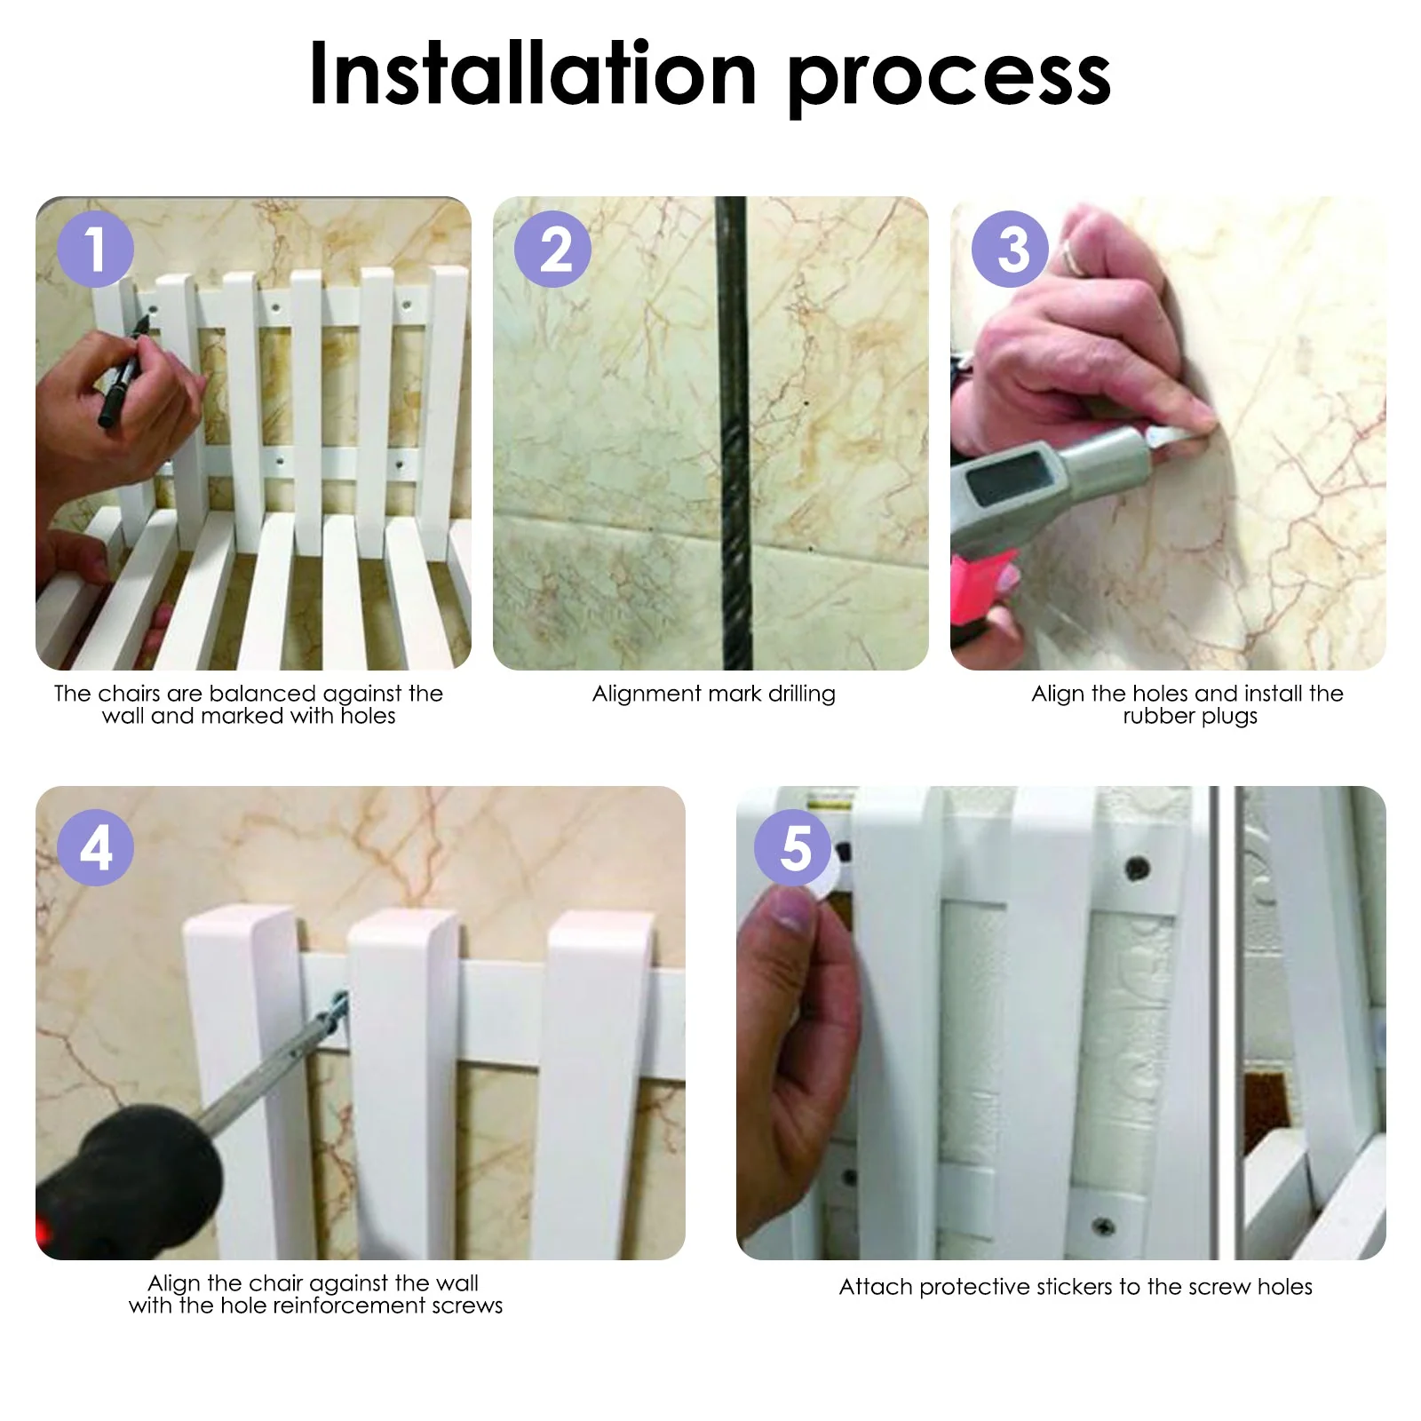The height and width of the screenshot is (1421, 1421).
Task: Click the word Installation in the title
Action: (531, 75)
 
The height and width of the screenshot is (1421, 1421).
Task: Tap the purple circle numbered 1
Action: (95, 249)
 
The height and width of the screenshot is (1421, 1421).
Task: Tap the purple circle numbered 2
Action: (552, 249)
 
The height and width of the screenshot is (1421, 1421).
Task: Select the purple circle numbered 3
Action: (1010, 249)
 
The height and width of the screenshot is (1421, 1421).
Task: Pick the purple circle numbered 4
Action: (95, 847)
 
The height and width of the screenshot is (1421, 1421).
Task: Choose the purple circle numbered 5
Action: (793, 847)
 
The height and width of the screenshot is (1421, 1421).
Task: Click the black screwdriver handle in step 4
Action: (124, 1172)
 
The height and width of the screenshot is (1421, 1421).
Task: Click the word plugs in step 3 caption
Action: (1229, 717)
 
